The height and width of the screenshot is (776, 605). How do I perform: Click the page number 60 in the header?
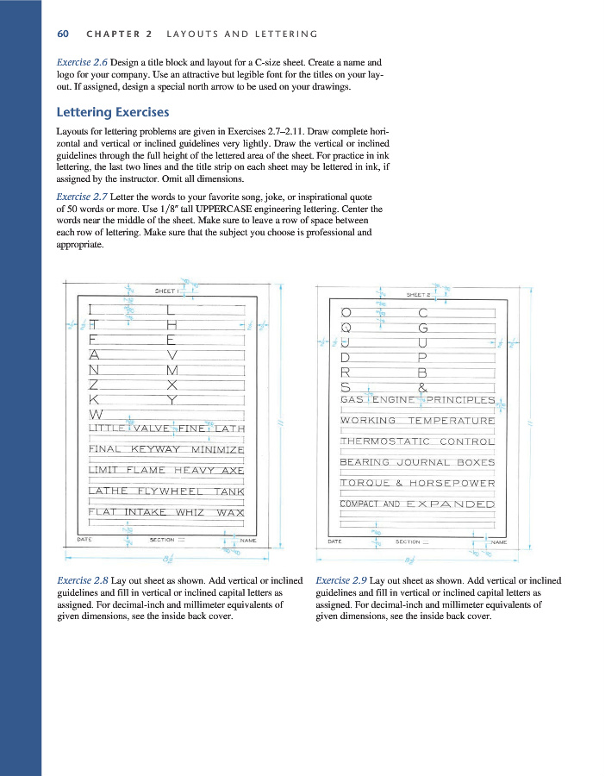pos(62,34)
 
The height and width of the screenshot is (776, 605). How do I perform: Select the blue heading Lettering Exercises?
pos(112,112)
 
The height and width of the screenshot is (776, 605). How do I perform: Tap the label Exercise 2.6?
pos(81,63)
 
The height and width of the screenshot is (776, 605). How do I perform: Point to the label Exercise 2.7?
pos(81,196)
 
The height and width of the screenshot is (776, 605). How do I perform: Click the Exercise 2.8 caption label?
pos(81,581)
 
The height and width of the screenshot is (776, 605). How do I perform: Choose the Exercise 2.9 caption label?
pos(341,581)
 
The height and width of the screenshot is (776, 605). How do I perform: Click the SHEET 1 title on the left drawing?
pos(166,291)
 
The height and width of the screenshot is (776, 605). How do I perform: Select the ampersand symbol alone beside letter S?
pos(422,388)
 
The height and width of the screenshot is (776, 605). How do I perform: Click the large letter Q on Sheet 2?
pos(346,328)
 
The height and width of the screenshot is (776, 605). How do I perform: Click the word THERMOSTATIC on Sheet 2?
pos(385,441)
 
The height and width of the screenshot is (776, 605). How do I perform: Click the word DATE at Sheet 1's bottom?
pos(85,540)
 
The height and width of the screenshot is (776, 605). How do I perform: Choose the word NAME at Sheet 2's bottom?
pos(498,542)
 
